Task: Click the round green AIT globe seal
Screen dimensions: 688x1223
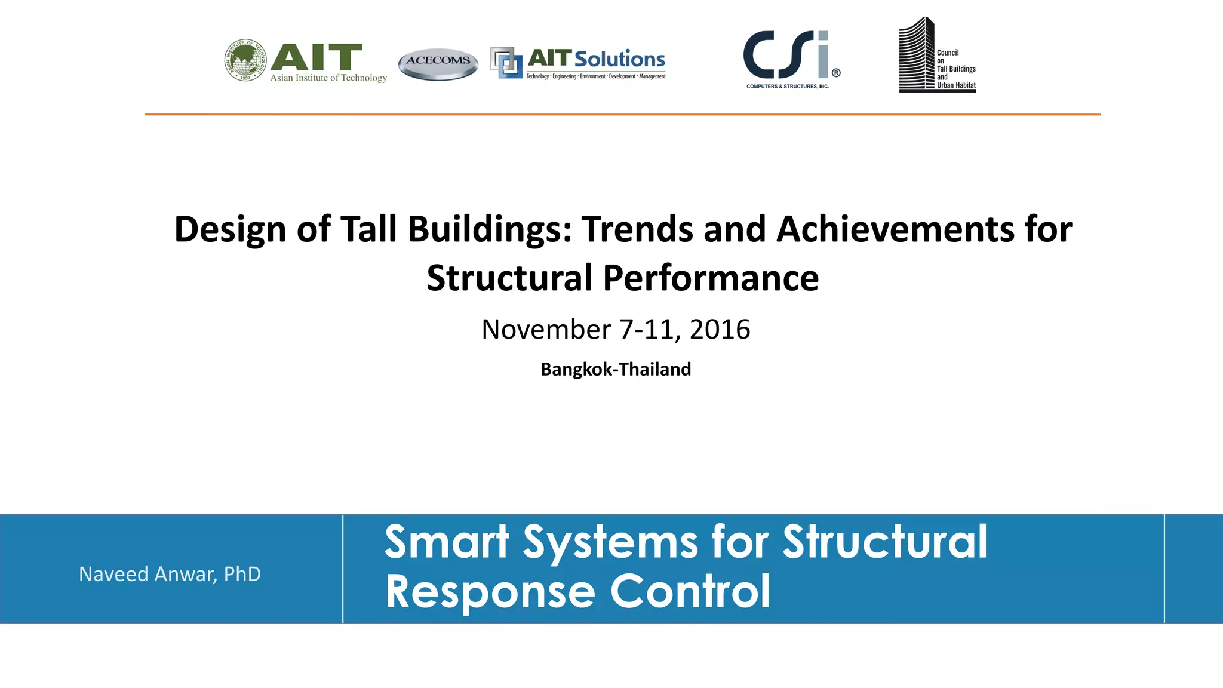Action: [x=245, y=60]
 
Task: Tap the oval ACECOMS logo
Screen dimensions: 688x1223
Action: [x=438, y=63]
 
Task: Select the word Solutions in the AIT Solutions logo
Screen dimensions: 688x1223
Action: [x=619, y=59]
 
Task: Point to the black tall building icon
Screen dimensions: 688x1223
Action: [x=916, y=55]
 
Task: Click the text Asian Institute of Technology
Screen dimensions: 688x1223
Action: [x=328, y=78]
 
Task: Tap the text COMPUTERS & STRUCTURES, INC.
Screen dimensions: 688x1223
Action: [x=787, y=87]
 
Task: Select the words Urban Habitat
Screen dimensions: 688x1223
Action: [x=956, y=85]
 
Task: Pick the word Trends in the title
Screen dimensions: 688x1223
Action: [x=637, y=229]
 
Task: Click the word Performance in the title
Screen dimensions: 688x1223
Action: [x=711, y=278]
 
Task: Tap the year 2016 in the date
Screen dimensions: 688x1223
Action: [x=720, y=330]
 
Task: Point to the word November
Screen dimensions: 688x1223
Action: [x=546, y=330]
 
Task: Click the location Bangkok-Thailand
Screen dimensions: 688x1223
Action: [x=616, y=370]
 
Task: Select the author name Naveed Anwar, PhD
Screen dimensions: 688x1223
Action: [x=170, y=575]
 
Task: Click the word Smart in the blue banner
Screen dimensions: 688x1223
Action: [x=447, y=542]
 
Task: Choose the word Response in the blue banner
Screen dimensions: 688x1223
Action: [x=490, y=592]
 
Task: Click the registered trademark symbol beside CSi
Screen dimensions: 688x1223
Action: [x=836, y=73]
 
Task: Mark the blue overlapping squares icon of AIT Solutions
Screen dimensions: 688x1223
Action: [x=506, y=62]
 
